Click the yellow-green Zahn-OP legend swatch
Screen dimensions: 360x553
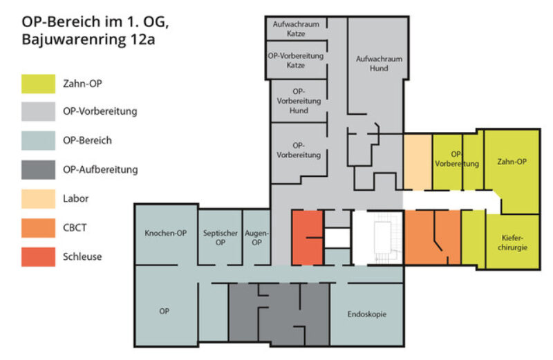37,84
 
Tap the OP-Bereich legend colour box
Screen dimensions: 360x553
37,141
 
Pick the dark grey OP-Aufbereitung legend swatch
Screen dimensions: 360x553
37,170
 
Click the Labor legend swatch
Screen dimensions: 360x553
37,199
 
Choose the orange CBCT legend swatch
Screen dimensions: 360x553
37,227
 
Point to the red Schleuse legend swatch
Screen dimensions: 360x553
37,256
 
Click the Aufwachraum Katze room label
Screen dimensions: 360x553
295,28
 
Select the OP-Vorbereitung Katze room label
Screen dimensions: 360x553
295,60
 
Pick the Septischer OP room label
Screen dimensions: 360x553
219,238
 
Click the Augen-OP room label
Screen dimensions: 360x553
256,238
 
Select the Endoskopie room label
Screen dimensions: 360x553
366,314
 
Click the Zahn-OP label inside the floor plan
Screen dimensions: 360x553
512,161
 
